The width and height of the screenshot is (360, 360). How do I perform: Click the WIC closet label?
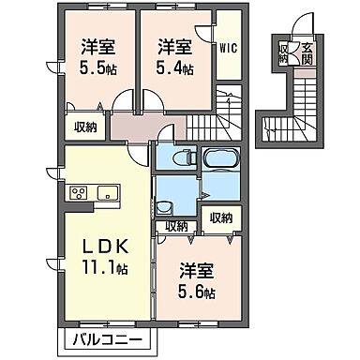[x=228, y=45]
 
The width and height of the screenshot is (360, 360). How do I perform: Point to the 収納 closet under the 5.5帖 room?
[x=86, y=129]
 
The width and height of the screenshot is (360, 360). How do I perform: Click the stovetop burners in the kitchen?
[x=79, y=193]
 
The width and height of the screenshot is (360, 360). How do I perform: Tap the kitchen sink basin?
[x=106, y=193]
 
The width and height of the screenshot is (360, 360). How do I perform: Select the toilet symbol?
[x=185, y=159]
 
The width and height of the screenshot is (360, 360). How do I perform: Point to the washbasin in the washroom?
[x=166, y=206]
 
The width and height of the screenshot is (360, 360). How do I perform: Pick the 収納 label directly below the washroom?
[x=176, y=226]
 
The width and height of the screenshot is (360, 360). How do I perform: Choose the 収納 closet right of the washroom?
[x=221, y=217]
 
